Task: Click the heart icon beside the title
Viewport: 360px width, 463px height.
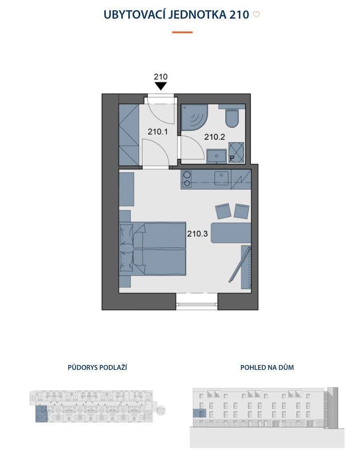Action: click(x=256, y=14)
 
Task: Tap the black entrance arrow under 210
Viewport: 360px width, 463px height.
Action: click(x=161, y=86)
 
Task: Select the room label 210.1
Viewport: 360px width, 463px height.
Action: click(x=158, y=132)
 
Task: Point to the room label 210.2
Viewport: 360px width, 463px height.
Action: click(x=214, y=137)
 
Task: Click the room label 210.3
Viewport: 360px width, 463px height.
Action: click(x=198, y=234)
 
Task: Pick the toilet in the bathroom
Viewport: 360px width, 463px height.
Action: click(x=232, y=116)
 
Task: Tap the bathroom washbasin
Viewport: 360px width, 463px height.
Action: click(x=217, y=156)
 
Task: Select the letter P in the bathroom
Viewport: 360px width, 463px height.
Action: click(x=232, y=159)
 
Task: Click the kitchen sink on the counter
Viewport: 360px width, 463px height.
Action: click(x=222, y=178)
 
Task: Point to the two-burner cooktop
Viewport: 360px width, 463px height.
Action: click(x=187, y=179)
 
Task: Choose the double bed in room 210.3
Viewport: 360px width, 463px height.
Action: click(x=153, y=249)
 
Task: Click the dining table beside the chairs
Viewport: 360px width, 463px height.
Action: click(x=231, y=233)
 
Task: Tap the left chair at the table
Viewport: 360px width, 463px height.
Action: click(x=223, y=211)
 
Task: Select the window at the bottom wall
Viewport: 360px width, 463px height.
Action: click(x=197, y=301)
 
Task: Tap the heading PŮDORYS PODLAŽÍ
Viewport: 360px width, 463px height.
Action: click(x=97, y=367)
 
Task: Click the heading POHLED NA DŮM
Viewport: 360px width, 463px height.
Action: click(x=267, y=368)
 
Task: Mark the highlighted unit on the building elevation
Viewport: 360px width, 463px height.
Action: click(x=199, y=413)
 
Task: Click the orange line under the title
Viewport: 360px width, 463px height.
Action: click(x=182, y=32)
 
